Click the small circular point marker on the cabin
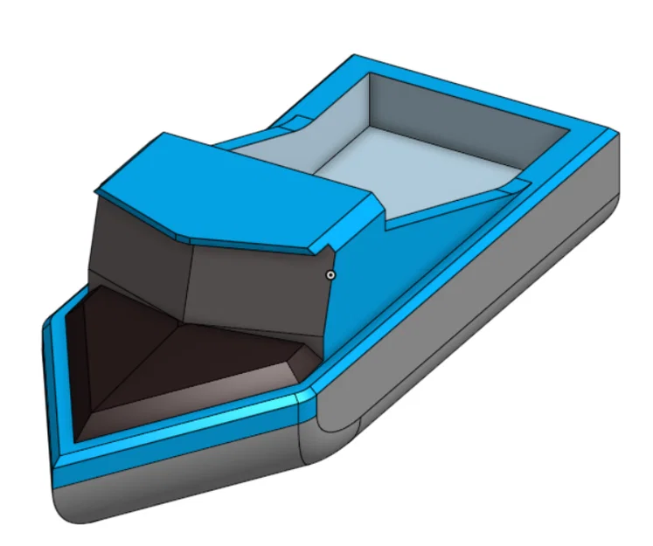tap(330, 274)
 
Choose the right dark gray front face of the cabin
tap(258, 280)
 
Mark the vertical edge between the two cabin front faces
tap(191, 280)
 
